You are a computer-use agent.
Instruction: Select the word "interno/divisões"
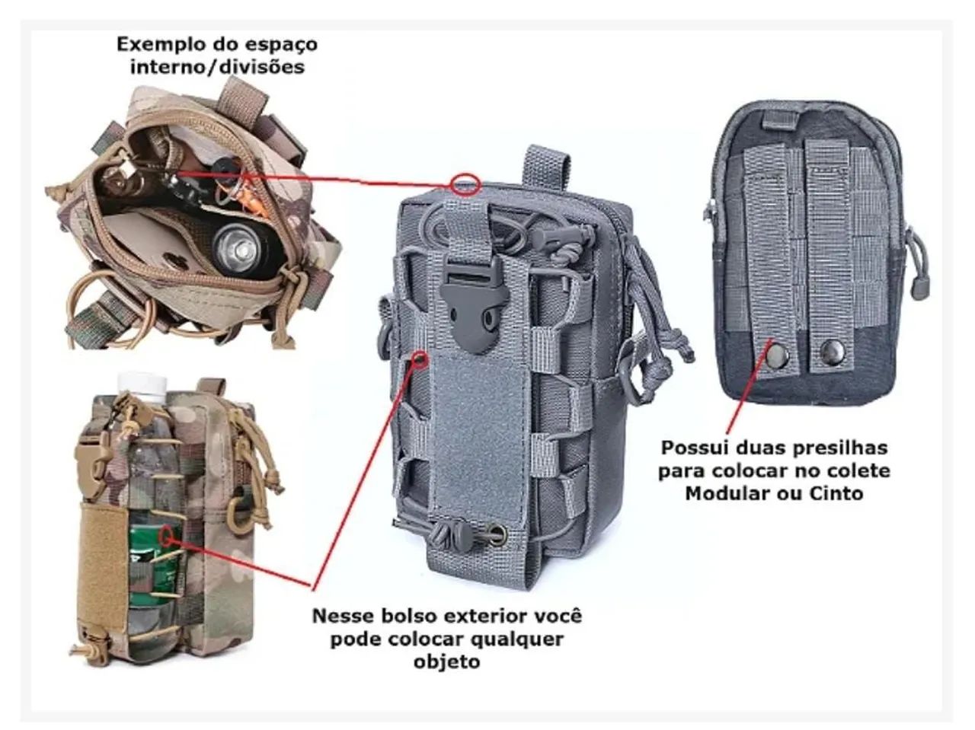(x=217, y=67)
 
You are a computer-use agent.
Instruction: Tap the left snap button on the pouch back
(x=776, y=354)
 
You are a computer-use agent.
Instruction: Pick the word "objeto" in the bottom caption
(x=447, y=662)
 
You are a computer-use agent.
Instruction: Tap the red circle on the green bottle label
(x=167, y=537)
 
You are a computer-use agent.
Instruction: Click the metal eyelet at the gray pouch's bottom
(x=495, y=531)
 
